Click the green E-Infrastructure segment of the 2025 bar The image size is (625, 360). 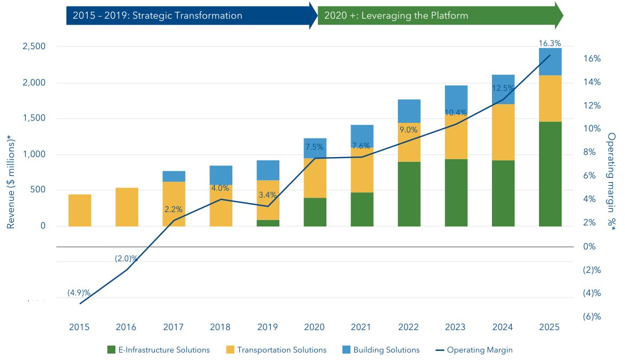pos(550,174)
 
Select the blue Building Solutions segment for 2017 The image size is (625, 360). pos(174,176)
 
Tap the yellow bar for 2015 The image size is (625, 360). pos(80,210)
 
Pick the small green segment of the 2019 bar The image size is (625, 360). pos(268,223)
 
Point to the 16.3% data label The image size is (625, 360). pos(550,43)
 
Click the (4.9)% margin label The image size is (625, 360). pos(79,293)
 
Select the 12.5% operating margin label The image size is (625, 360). pos(503,88)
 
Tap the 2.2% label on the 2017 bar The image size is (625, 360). pos(174,210)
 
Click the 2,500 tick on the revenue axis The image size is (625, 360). pos(33,47)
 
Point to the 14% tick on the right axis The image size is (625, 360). pos(591,82)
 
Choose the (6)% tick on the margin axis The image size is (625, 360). pos(591,316)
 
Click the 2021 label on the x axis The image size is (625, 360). pos(362,327)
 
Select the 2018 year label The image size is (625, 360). pos(221,327)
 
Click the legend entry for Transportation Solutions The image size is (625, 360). pos(281,350)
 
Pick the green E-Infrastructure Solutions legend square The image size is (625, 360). pos(111,350)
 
